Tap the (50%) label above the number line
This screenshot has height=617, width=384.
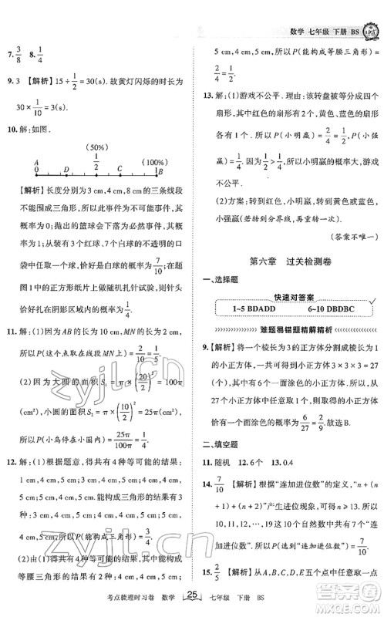point(96,146)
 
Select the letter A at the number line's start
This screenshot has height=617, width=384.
point(36,164)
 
